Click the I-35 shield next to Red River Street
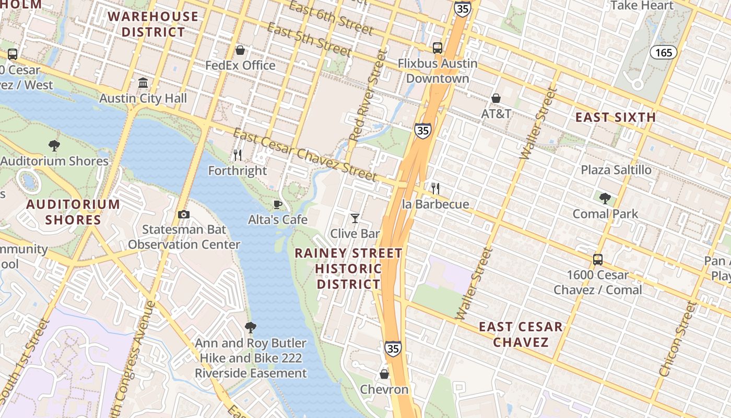(x=423, y=130)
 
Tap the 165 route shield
(x=663, y=52)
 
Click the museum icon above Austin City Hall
(x=143, y=83)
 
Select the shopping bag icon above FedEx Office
(x=240, y=50)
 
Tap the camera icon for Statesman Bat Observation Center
(x=183, y=214)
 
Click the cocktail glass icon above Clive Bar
(x=355, y=218)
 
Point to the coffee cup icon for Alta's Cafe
(x=278, y=204)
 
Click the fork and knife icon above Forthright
(x=238, y=155)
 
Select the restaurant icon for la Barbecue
(x=435, y=189)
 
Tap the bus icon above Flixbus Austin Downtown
(x=438, y=48)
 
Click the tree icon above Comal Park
(x=605, y=199)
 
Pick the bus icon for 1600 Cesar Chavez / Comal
(x=598, y=259)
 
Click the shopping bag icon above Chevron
(x=384, y=374)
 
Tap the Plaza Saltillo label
(x=616, y=170)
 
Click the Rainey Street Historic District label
(x=348, y=269)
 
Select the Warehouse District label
(x=153, y=24)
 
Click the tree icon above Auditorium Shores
(x=54, y=146)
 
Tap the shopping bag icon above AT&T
(x=496, y=98)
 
